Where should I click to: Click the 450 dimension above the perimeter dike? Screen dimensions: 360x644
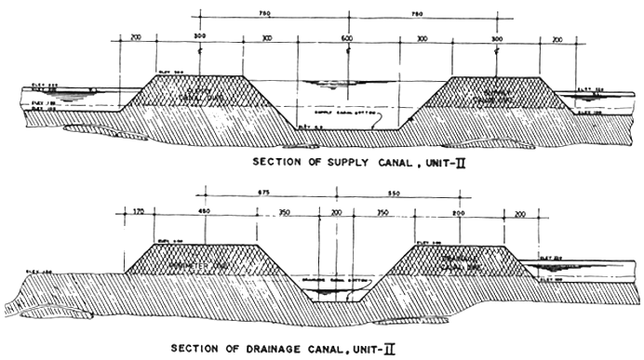click(x=204, y=213)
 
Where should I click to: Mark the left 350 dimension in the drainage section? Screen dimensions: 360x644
click(x=284, y=213)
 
